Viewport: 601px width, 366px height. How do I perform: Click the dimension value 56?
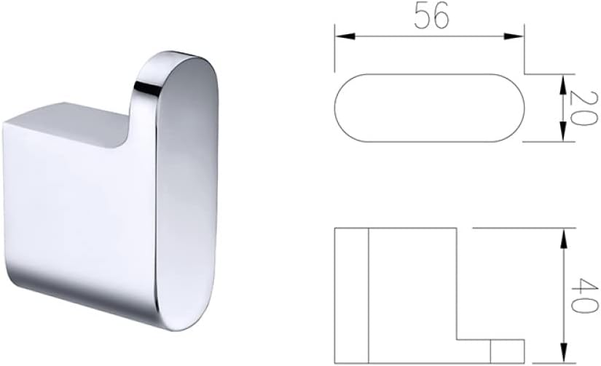[431, 17]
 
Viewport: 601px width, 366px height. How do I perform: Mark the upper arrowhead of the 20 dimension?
[562, 81]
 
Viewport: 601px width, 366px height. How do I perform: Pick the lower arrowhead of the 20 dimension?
[562, 134]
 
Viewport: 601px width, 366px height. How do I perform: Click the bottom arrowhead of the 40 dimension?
[562, 354]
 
